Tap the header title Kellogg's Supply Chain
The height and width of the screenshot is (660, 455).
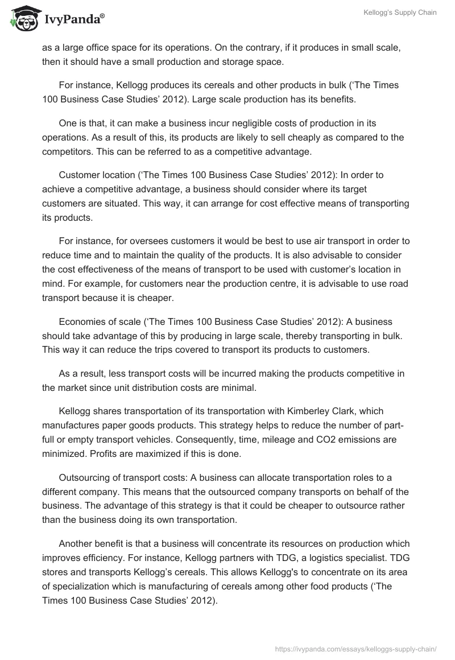[400, 13]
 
